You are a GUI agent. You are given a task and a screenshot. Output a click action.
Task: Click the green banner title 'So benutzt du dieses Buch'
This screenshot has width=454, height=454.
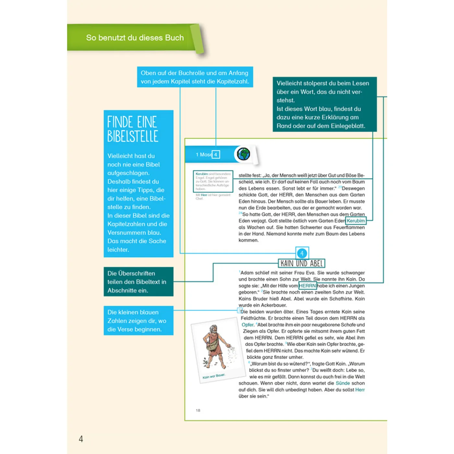pos(135,38)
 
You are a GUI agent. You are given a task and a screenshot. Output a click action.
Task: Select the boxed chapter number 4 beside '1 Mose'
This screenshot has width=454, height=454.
pos(216,154)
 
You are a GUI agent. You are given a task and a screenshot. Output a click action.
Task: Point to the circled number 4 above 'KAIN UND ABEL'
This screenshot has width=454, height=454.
pos(302,253)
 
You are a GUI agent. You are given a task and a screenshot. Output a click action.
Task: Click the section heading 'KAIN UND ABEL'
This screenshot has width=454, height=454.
pos(302,263)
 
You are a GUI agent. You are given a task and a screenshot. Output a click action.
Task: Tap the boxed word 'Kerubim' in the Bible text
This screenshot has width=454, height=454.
pos(356,221)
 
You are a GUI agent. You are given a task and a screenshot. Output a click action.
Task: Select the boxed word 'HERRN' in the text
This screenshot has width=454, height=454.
pos(307,286)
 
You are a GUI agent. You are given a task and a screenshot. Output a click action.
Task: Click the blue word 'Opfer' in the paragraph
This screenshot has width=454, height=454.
pos(247,325)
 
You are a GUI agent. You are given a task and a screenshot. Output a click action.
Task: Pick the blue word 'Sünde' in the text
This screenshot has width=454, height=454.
pos(343,383)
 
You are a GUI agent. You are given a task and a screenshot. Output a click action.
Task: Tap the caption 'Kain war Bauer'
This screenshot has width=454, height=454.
pos(214,376)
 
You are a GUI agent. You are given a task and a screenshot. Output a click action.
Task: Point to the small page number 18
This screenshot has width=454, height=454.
pos(198,410)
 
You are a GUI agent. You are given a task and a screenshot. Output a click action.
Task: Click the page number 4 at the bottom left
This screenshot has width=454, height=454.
pos(81,439)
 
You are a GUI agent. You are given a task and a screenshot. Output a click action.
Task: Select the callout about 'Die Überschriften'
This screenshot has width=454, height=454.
pos(138,281)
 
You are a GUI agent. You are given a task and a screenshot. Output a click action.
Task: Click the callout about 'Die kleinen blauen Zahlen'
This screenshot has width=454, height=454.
pos(138,320)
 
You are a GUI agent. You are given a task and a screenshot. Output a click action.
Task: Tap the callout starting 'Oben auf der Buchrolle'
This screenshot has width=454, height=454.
pos(195,77)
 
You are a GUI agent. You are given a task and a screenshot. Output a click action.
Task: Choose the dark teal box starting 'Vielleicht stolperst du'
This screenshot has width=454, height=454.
pos(324,104)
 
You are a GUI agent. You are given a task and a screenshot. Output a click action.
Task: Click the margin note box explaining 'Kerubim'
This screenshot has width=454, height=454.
pos(213,181)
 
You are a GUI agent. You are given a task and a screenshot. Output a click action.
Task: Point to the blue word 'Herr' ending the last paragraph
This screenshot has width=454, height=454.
pos(360,389)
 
